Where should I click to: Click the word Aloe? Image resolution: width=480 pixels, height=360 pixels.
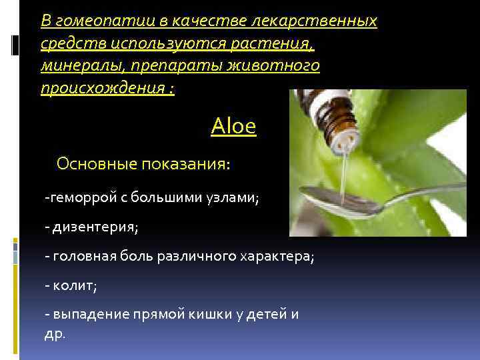tap(233, 126)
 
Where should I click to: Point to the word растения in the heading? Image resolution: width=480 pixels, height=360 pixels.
tap(279, 44)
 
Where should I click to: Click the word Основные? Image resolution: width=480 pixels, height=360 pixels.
tap(96, 163)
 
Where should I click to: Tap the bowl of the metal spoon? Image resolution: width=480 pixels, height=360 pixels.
tap(333, 197)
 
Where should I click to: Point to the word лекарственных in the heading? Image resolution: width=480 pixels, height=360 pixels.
tap(313, 21)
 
